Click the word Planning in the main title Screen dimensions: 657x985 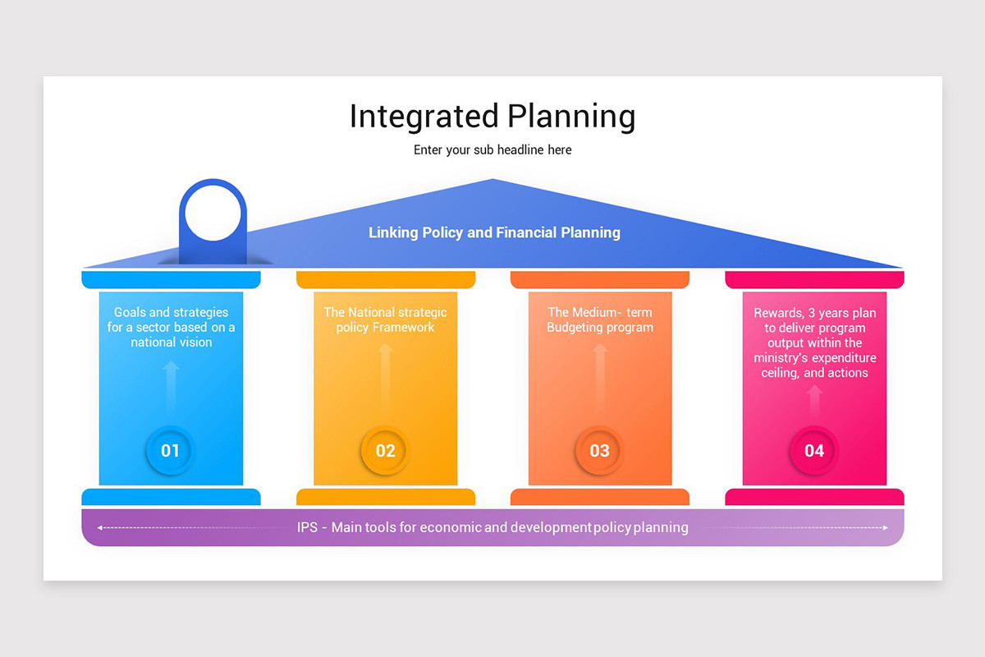(570, 117)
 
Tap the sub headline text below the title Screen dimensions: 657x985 (492, 150)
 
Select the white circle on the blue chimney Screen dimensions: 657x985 (213, 213)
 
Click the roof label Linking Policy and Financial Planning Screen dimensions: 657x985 (494, 232)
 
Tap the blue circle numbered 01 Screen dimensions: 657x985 (170, 450)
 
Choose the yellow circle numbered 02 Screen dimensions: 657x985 (385, 450)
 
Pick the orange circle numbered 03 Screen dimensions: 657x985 (600, 450)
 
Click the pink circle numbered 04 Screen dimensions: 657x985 (814, 450)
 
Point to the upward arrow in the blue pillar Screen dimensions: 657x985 (171, 386)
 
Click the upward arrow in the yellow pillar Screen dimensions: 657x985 (386, 378)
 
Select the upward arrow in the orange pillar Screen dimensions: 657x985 (600, 378)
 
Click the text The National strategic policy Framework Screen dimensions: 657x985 (385, 319)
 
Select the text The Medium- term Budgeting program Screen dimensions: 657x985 (600, 319)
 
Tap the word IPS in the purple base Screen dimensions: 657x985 (307, 527)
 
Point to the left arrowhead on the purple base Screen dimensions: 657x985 (99, 528)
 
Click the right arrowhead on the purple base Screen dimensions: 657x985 (886, 528)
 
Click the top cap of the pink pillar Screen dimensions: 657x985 (814, 280)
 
